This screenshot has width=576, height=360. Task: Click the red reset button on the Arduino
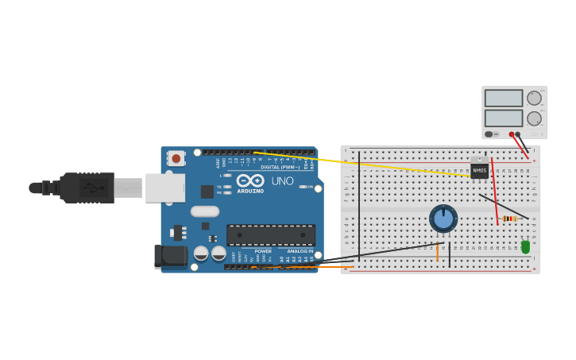coord(176,158)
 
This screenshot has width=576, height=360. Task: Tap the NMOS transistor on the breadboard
coord(479,170)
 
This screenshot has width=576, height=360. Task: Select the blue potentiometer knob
coord(443,219)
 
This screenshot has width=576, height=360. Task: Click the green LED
coord(525,247)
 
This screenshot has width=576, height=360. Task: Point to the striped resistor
coord(509,219)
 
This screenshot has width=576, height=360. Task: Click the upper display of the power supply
coord(503,99)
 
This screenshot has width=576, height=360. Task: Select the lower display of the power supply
coord(503,118)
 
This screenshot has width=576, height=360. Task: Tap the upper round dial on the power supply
coord(534,98)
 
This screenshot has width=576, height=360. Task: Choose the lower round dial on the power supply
coord(534,118)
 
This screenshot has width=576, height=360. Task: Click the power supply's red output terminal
coord(512,134)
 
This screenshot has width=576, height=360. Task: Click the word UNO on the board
coord(282,181)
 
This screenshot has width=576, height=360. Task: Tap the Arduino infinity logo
coord(250,180)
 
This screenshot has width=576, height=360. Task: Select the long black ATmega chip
coord(271,235)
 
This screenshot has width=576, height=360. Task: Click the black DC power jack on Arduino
coord(169,255)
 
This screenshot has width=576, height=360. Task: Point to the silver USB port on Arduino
coord(165,188)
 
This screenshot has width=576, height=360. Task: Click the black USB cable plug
coord(87,188)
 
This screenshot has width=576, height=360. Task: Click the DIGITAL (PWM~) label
coord(280,167)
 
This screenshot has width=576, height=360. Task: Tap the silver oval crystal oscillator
coord(205,211)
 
